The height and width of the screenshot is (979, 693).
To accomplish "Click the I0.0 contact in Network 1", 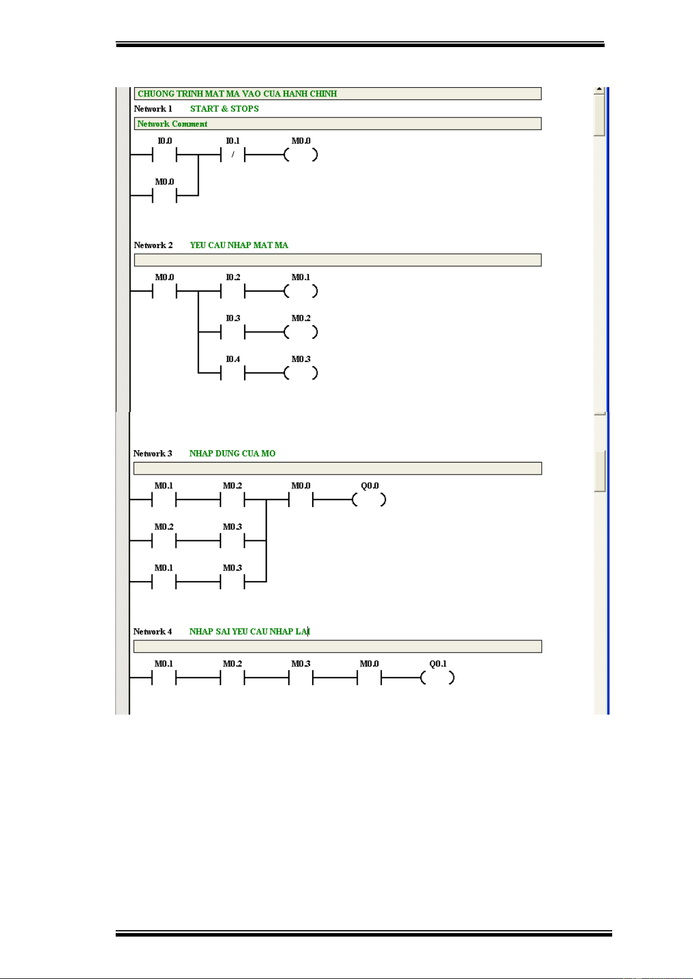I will pos(165,155).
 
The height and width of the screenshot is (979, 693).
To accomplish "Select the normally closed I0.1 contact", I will pos(233,155).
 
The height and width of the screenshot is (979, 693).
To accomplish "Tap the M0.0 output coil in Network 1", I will pos(301,155).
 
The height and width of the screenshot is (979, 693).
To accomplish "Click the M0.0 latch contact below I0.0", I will pos(165,196).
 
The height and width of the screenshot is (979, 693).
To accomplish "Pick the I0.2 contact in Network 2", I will pos(233,292).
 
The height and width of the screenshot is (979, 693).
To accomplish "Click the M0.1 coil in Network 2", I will pos(301,292).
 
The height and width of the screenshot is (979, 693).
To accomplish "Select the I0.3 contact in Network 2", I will pos(233,332).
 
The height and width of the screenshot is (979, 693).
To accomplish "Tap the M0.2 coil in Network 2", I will pos(301,332).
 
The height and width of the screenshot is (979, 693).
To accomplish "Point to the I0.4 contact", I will pos(233,374).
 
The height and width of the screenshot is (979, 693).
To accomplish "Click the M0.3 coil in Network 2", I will pos(301,374).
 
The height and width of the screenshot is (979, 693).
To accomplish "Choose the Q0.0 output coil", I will pos(369,500).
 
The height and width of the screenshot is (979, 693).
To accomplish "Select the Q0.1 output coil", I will pos(438,677).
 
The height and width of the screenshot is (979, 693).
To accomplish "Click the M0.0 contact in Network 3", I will pos(301,500).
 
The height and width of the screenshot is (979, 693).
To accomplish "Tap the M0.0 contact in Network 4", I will pos(369,677).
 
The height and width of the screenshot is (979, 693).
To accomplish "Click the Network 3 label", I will pos(153,454).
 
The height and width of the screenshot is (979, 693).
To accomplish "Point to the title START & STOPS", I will pos(224,109).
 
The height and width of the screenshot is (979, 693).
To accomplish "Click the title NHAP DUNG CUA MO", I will pos(233,454).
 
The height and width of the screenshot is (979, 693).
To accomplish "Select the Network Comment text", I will pos(172,124).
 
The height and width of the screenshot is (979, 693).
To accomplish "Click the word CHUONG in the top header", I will pos(156,94).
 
